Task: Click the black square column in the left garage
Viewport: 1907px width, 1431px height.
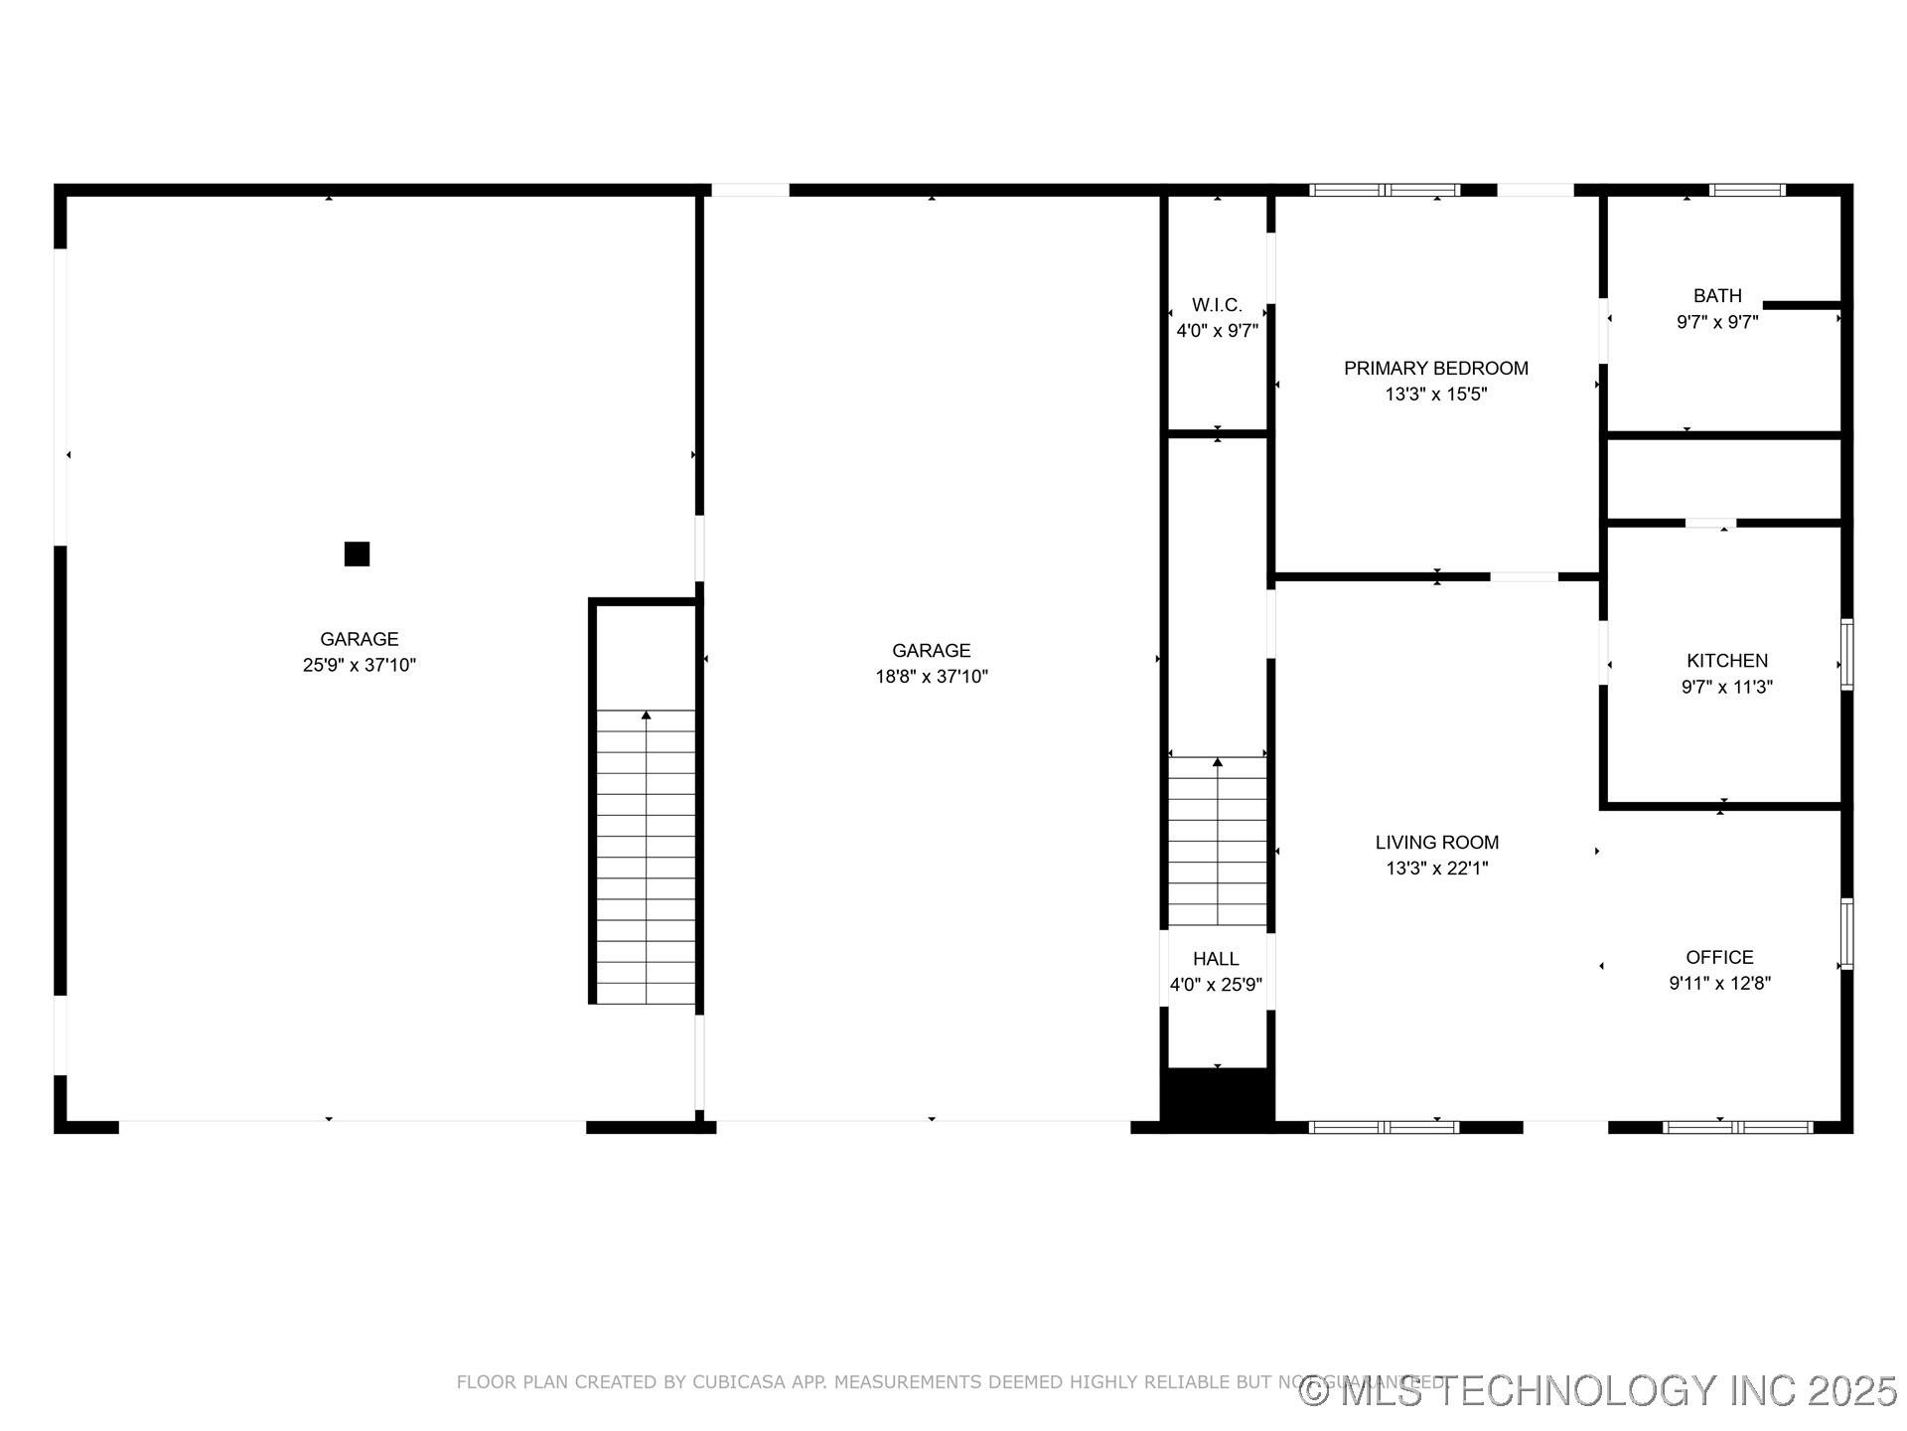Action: point(357,554)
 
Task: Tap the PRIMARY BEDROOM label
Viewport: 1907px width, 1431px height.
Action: point(1435,369)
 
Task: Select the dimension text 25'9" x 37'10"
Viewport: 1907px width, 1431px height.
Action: point(359,665)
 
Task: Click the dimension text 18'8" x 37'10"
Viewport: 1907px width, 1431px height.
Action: point(931,677)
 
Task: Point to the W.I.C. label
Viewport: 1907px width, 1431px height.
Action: point(1217,305)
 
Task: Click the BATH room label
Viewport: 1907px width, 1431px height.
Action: point(1717,296)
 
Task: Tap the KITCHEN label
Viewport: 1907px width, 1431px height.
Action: point(1727,661)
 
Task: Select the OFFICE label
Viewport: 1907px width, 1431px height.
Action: point(1719,957)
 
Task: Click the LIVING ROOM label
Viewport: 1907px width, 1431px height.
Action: point(1436,843)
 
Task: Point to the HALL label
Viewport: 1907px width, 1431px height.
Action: point(1216,959)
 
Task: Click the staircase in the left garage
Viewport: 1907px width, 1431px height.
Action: point(646,856)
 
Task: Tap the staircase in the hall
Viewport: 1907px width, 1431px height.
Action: point(1217,842)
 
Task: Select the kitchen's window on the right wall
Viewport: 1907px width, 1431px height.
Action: point(1846,654)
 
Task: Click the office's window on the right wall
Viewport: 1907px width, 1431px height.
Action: point(1846,933)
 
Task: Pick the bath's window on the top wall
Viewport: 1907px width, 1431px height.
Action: point(1747,190)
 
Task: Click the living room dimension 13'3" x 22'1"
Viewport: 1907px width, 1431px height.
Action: point(1436,869)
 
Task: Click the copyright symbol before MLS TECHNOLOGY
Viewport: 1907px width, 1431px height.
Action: point(1315,1391)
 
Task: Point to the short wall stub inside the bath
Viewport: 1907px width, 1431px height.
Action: point(1802,305)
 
